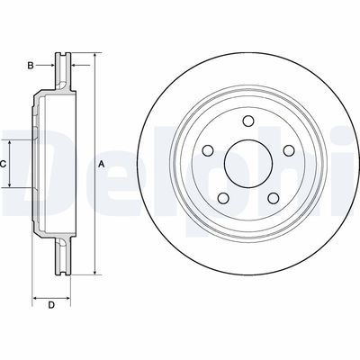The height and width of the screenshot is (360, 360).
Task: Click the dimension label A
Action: click(x=102, y=164)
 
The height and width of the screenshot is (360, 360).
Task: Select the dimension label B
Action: click(x=31, y=65)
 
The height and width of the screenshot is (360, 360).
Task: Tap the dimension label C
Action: click(x=4, y=164)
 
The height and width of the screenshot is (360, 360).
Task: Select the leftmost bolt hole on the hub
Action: click(x=207, y=150)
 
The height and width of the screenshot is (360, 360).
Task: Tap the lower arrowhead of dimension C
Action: click(x=11, y=184)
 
